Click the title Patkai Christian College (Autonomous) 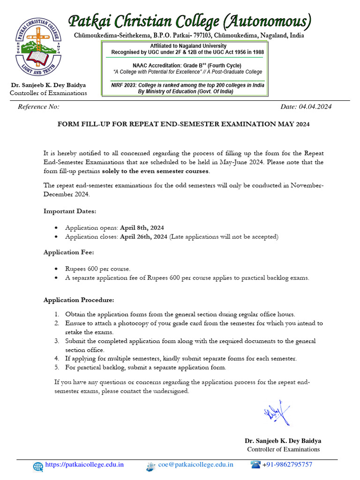tap(190, 22)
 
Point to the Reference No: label tap(38, 107)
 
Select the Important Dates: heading tap(70, 211)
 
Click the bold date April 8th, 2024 tap(142, 227)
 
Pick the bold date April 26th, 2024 tap(143, 237)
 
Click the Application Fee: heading tap(69, 252)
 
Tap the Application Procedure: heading tap(79, 300)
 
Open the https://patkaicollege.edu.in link tap(84, 465)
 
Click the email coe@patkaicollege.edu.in tap(195, 465)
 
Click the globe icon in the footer tap(38, 465)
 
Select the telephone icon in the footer tap(255, 465)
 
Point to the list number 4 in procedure tap(56, 359)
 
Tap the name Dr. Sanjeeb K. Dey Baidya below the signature tap(283, 441)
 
